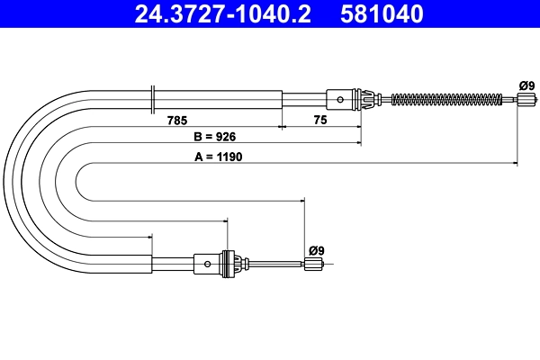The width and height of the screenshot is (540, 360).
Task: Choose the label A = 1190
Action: (218, 155)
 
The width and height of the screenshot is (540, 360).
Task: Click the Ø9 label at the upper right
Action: (526, 85)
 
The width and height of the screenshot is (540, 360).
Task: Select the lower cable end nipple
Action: (313, 264)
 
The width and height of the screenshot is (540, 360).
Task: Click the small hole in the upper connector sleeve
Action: (337, 98)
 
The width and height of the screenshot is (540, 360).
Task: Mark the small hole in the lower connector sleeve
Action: (208, 264)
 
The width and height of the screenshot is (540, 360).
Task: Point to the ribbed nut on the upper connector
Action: (365, 98)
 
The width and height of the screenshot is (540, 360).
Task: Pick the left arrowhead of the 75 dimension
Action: (285, 127)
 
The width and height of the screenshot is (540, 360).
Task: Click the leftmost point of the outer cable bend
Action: (4, 180)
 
